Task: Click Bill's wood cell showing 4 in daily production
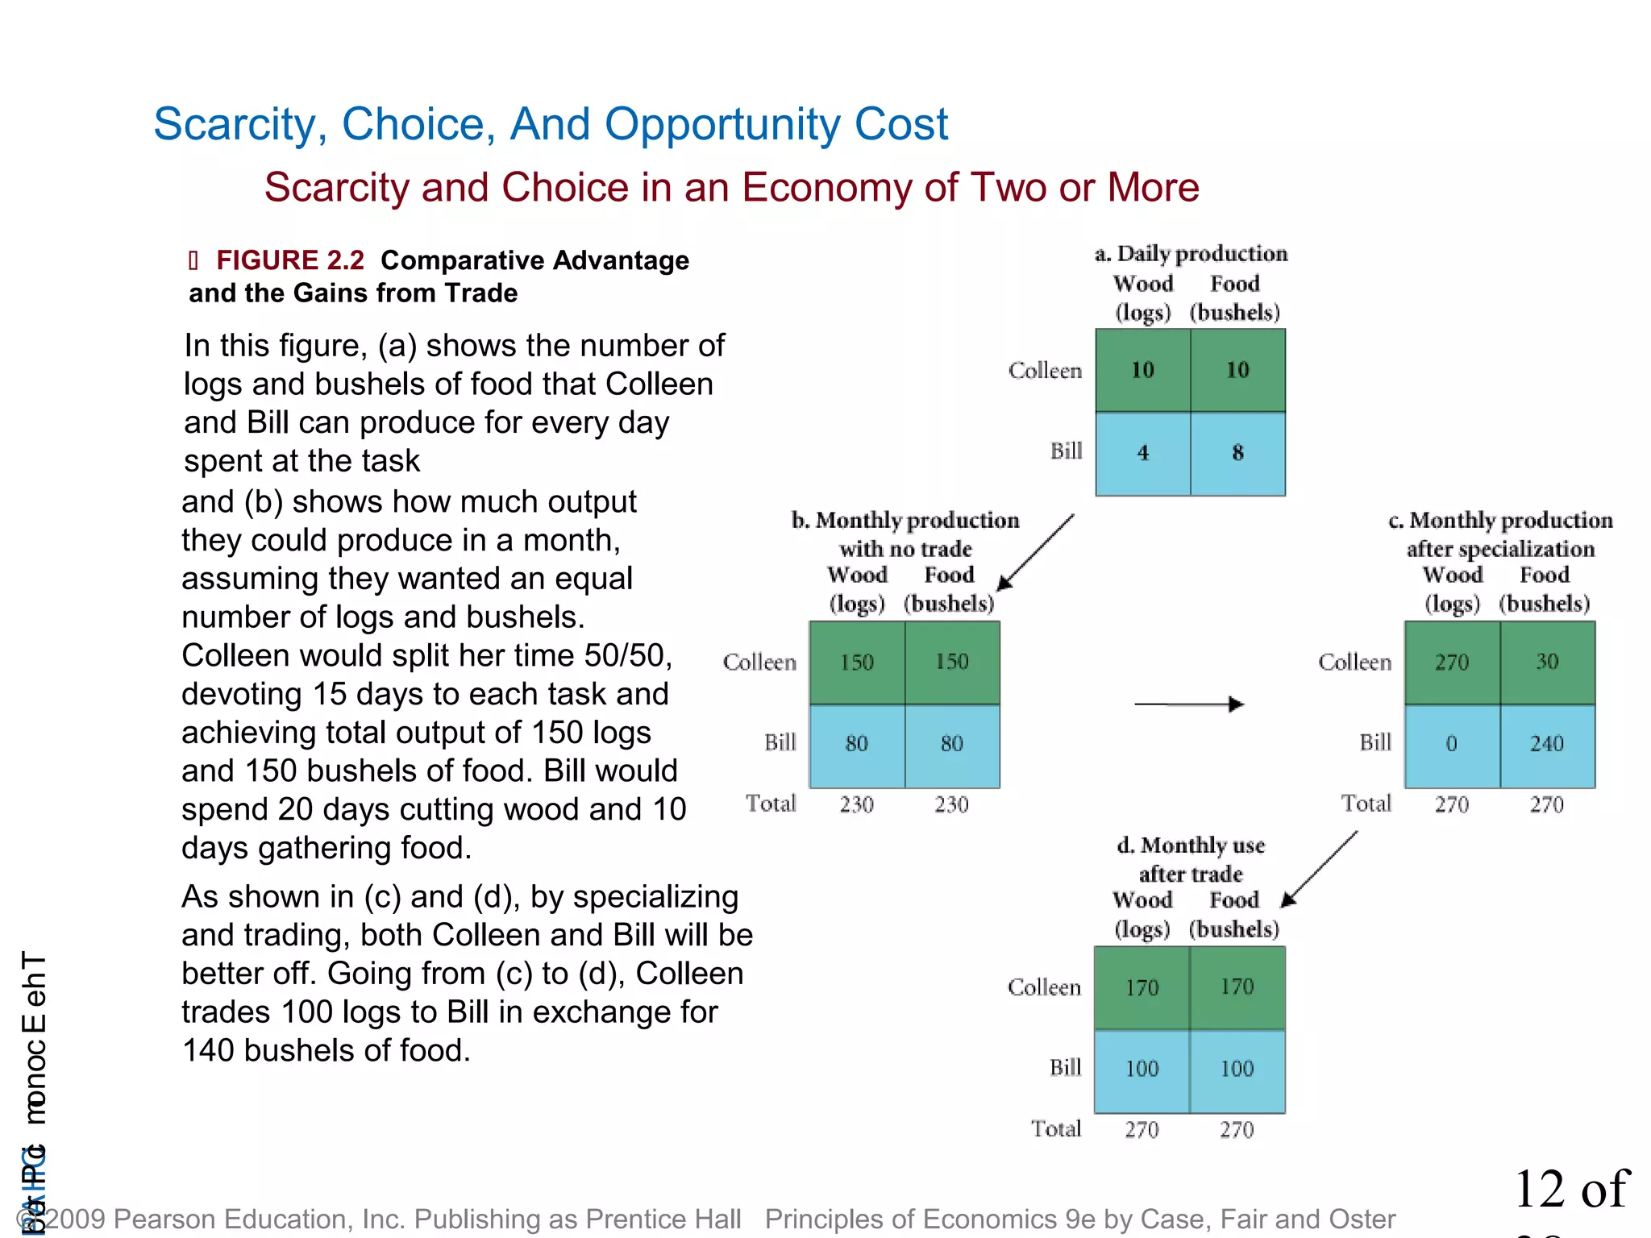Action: [1142, 453]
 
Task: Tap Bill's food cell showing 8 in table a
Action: [1237, 453]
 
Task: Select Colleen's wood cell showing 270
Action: [1451, 663]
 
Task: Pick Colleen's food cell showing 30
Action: [1546, 663]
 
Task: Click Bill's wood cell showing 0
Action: [1451, 744]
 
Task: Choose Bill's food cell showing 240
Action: [1546, 744]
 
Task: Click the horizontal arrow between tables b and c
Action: [1189, 704]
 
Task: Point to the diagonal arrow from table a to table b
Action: [1036, 552]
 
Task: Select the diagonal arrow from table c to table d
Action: [1320, 869]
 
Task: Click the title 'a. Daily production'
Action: [1191, 254]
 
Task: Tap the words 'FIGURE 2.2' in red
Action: [290, 260]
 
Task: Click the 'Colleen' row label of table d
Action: [1044, 987]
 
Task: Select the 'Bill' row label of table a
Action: [1066, 451]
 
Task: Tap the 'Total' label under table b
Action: [771, 804]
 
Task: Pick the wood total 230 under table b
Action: [856, 804]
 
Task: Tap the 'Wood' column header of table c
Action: [1453, 575]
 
